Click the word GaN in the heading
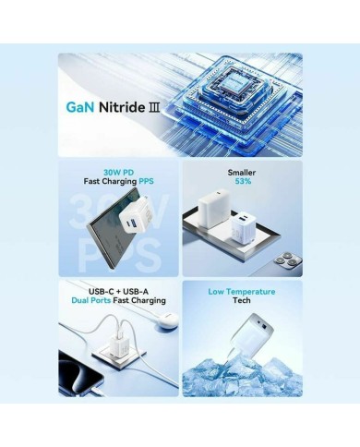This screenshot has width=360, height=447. [x=80, y=107]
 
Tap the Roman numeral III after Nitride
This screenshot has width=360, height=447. [x=154, y=107]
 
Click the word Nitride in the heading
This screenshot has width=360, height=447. [x=122, y=107]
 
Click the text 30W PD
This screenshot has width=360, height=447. [x=118, y=173]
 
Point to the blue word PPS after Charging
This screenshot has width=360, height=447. [x=146, y=181]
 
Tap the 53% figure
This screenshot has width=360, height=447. [x=243, y=181]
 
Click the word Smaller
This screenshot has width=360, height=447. [x=242, y=173]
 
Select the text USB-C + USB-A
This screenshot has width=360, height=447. [x=118, y=291]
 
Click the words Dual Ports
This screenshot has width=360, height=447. [x=91, y=300]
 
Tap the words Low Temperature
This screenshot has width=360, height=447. [x=242, y=291]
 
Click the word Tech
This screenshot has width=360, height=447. [x=242, y=300]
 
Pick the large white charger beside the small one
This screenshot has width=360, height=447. [x=213, y=208]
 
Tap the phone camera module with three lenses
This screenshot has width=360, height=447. [x=287, y=261]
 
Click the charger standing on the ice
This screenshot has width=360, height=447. [x=252, y=336]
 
